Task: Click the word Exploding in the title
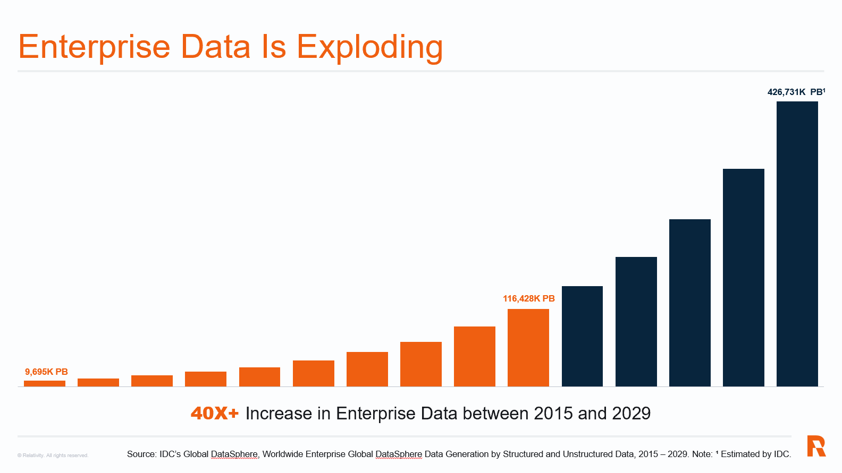tap(369, 47)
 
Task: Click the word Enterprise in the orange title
tap(94, 47)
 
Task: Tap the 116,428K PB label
tap(528, 298)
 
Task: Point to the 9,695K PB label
tap(46, 372)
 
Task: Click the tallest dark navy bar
tap(797, 244)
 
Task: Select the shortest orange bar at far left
tap(45, 383)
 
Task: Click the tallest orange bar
tap(528, 348)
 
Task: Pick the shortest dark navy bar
tap(582, 336)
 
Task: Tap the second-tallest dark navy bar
tap(743, 277)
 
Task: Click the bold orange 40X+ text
tap(215, 413)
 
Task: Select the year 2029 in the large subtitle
tap(631, 413)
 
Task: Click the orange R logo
tap(816, 446)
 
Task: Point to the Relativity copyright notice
tap(53, 455)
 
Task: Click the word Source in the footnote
tap(141, 454)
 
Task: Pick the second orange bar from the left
tap(98, 382)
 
